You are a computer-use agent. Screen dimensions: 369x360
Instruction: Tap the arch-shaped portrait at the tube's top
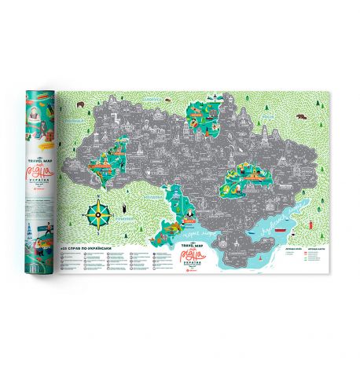coord(36,110)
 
